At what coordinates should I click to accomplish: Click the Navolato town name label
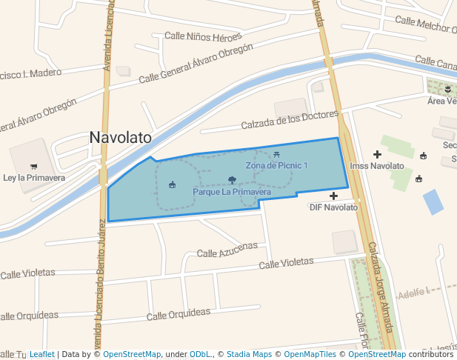click(120, 137)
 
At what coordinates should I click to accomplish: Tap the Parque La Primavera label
click(231, 192)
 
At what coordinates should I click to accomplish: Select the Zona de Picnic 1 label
click(276, 165)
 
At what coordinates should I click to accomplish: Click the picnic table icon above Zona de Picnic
click(276, 154)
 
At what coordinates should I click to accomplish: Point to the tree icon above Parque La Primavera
click(232, 180)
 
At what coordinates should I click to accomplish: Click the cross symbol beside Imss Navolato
click(377, 154)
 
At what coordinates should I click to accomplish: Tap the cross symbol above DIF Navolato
click(333, 196)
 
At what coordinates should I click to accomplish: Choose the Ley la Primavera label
click(34, 178)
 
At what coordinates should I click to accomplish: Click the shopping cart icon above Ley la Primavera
click(33, 167)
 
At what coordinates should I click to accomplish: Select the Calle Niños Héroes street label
click(203, 36)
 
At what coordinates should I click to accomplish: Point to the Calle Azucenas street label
click(227, 250)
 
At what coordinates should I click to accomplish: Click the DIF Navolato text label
click(333, 207)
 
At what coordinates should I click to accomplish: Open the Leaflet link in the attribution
click(41, 354)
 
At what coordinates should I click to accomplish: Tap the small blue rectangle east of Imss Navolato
click(433, 201)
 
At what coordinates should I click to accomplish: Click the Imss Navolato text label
click(377, 166)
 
